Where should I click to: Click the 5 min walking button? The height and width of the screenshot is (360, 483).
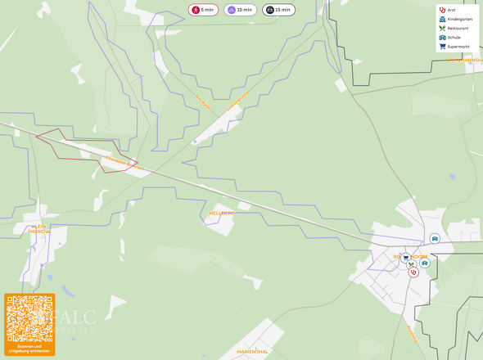coord(203,10)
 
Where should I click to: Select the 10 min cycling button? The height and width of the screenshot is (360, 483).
coord(240,10)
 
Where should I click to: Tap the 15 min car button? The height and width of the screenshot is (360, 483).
coord(278,10)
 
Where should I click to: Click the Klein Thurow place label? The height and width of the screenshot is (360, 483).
coord(39,229)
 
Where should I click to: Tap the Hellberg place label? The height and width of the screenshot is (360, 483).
coord(222,213)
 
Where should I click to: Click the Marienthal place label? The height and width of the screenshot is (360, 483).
coord(252,351)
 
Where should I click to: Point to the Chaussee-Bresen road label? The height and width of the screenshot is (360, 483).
coord(124,162)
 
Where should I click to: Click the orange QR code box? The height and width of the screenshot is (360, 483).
coord(29,324)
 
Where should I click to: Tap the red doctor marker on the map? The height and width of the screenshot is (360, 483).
coord(413,272)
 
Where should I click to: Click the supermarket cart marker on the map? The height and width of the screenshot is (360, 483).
coord(405,258)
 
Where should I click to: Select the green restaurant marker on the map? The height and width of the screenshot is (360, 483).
coord(411,264)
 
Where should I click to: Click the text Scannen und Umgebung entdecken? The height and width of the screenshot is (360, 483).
coord(29,349)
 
